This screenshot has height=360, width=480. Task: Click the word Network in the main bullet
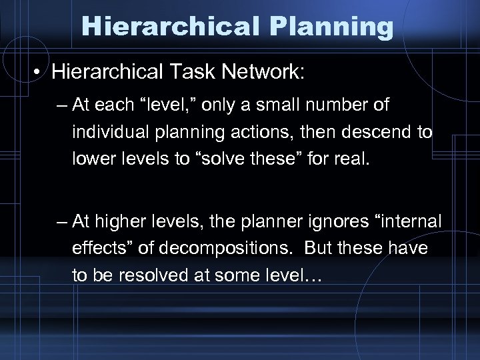pyautogui.click(x=257, y=70)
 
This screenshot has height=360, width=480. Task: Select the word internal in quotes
pyautogui.click(x=411, y=221)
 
